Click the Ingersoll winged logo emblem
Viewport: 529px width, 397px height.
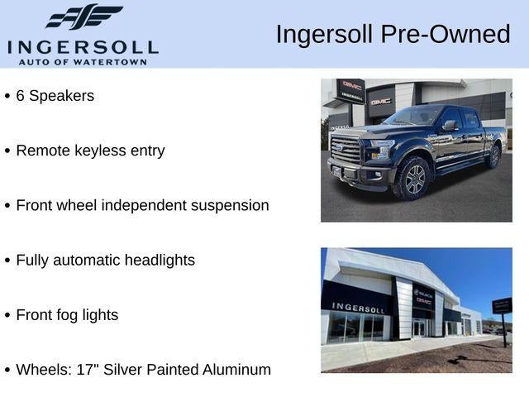click(x=83, y=17)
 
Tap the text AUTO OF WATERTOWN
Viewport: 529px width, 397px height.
click(x=83, y=61)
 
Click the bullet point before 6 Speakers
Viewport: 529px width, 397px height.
click(x=7, y=96)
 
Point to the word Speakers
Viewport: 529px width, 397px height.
click(x=61, y=96)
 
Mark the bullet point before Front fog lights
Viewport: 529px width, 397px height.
click(x=7, y=315)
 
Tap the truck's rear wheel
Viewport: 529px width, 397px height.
click(x=493, y=155)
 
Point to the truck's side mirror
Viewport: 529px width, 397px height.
click(x=448, y=126)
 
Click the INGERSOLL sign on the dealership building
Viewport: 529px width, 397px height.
click(x=358, y=307)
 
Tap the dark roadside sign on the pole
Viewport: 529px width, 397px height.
click(x=502, y=306)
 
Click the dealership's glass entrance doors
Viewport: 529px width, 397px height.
click(x=419, y=328)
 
